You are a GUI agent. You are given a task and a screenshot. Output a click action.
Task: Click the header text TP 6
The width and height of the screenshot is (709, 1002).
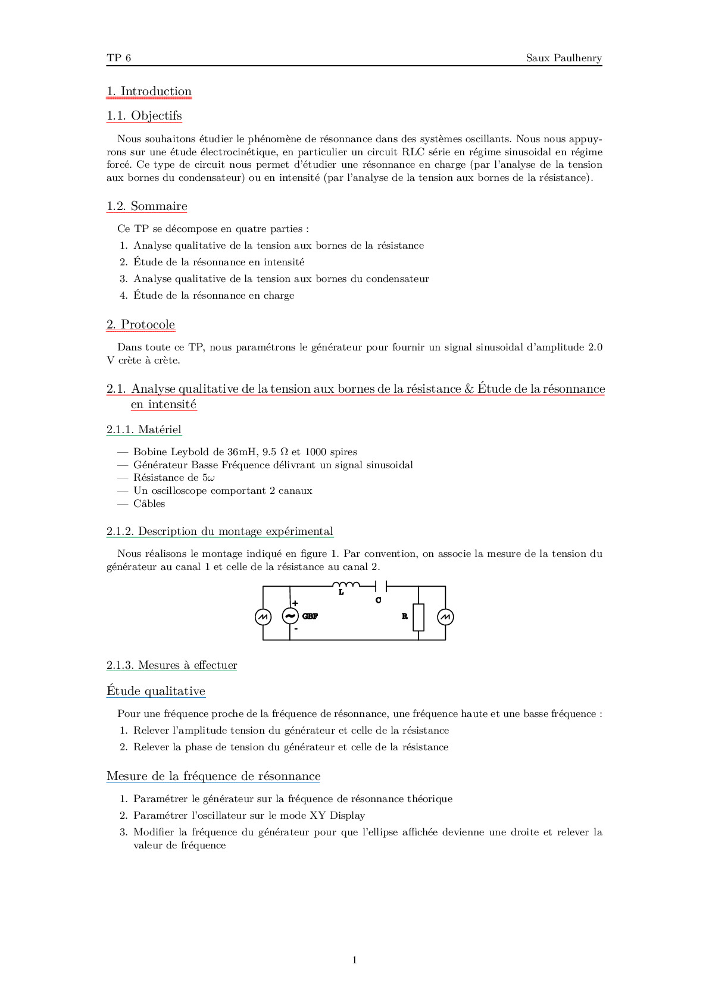tap(118, 58)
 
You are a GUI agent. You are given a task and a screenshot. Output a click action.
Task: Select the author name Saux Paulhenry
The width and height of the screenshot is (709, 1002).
tap(563, 58)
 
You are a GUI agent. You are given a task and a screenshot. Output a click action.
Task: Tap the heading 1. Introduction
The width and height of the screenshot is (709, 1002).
tap(149, 92)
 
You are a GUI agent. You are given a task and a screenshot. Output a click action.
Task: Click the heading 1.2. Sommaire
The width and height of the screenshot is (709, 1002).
tap(146, 206)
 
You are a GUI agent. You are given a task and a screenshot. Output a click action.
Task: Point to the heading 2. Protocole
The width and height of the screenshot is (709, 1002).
tap(140, 325)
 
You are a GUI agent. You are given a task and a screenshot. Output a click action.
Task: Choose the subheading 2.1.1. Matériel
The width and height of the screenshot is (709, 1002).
tap(144, 430)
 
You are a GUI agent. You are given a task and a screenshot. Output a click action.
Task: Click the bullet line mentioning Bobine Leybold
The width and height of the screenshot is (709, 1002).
tap(245, 452)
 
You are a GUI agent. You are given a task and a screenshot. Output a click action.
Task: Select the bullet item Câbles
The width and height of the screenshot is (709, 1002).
tap(149, 504)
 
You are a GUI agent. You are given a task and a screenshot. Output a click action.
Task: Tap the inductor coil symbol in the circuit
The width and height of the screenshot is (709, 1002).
tap(346, 585)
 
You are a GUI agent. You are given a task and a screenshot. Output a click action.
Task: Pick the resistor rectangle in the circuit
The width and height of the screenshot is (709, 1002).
tap(418, 617)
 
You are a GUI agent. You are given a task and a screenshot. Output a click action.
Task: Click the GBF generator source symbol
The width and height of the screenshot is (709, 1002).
tap(290, 616)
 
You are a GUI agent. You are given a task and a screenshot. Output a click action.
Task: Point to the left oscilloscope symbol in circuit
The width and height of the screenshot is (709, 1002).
tap(263, 617)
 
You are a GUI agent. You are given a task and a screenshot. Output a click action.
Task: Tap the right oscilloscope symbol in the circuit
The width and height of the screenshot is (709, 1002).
tap(445, 617)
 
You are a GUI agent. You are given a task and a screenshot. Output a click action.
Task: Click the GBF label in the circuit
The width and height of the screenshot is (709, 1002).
tap(310, 616)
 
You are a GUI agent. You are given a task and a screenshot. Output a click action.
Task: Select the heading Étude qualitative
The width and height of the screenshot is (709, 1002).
tap(156, 691)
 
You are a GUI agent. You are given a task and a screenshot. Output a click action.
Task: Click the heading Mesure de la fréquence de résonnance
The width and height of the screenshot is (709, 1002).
tap(213, 776)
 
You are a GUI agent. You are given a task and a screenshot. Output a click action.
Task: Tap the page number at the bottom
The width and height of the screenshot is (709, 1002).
tap(355, 960)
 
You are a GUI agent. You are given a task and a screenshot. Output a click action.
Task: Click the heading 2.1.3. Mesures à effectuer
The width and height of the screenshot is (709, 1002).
tap(171, 665)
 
